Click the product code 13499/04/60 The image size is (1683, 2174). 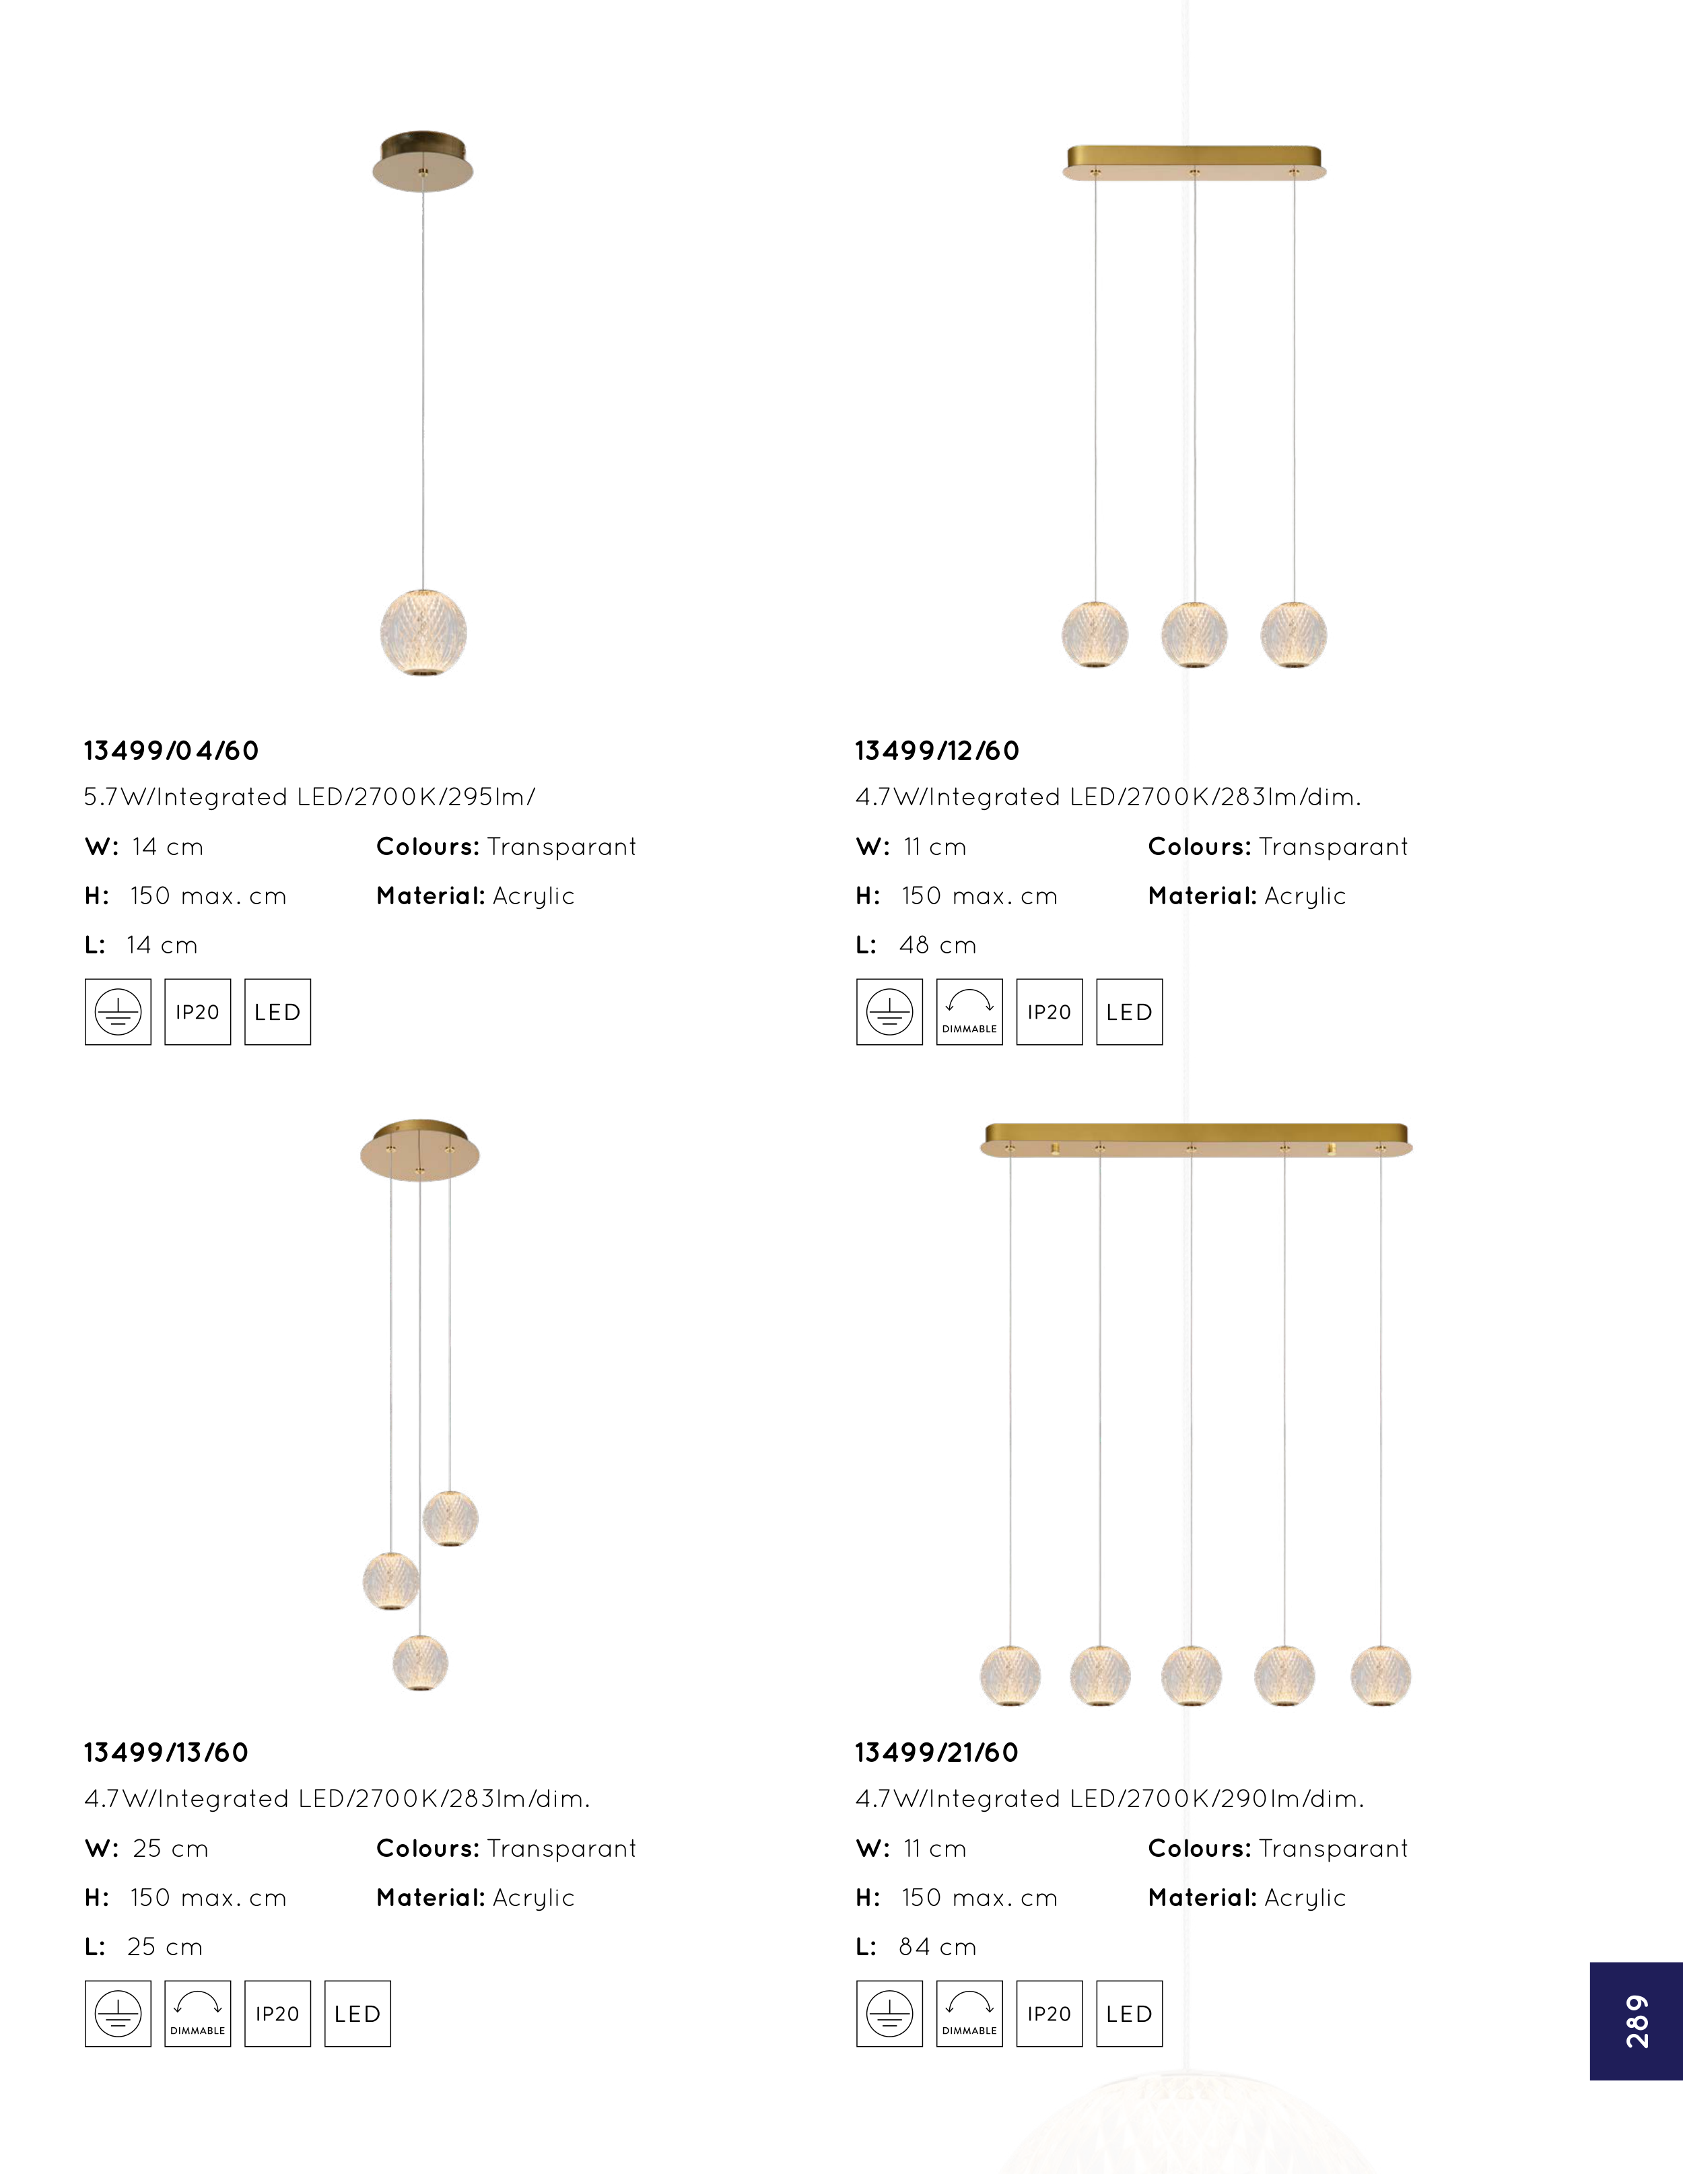coord(171,751)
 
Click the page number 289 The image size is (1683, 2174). coord(1637,2020)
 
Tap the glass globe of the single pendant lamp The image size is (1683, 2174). coord(423,632)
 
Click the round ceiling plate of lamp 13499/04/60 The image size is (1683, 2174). coord(423,162)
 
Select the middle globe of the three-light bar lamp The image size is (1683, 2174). coord(1194,634)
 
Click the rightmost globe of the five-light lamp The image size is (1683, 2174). coord(1381,1676)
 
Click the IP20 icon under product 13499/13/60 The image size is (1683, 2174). coord(277,2014)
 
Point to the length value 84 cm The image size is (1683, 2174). coord(938,1947)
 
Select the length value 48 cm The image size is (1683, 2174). coord(938,946)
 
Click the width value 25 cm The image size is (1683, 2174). coord(170,1849)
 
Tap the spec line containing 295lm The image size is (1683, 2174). coord(310,797)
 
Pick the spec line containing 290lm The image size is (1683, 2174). coord(1109,1799)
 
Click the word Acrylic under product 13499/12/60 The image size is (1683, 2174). coord(1305,896)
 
